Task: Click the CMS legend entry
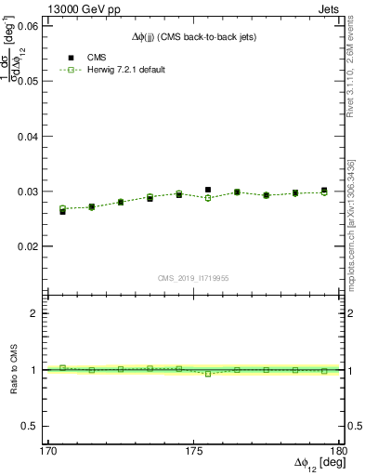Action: [95, 56]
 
